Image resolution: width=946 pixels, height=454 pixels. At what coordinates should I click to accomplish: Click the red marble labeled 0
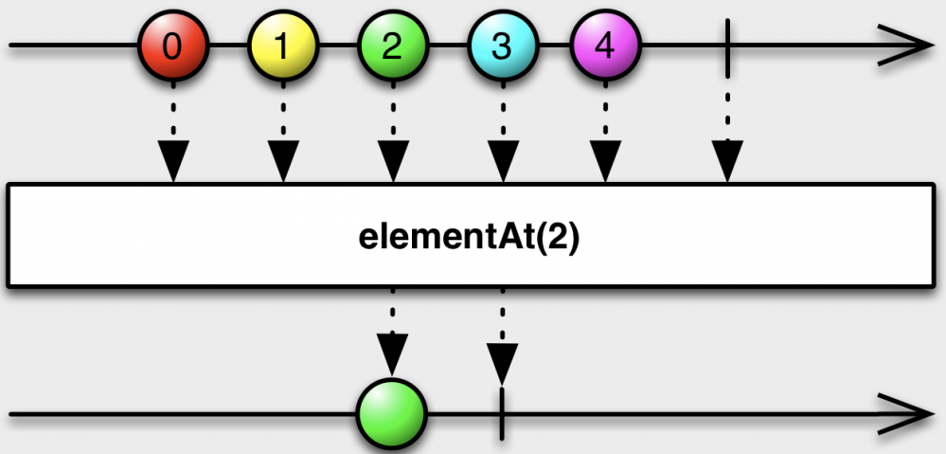tap(172, 45)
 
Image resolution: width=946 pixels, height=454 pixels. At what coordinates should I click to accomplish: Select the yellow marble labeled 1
tap(282, 45)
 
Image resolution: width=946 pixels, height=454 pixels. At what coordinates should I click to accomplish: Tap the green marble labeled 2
tap(392, 45)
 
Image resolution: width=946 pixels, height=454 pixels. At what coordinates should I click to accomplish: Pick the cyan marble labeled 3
tap(502, 45)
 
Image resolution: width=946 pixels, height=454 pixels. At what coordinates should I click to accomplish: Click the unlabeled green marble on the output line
tap(392, 415)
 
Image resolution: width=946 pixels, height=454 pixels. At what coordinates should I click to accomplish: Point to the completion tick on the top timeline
tap(727, 45)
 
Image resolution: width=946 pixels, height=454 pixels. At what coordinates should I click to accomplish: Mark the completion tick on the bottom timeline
tap(502, 415)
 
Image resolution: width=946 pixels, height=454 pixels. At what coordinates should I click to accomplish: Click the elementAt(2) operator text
tap(469, 236)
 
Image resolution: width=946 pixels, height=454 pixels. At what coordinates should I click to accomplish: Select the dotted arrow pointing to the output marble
tap(392, 336)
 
